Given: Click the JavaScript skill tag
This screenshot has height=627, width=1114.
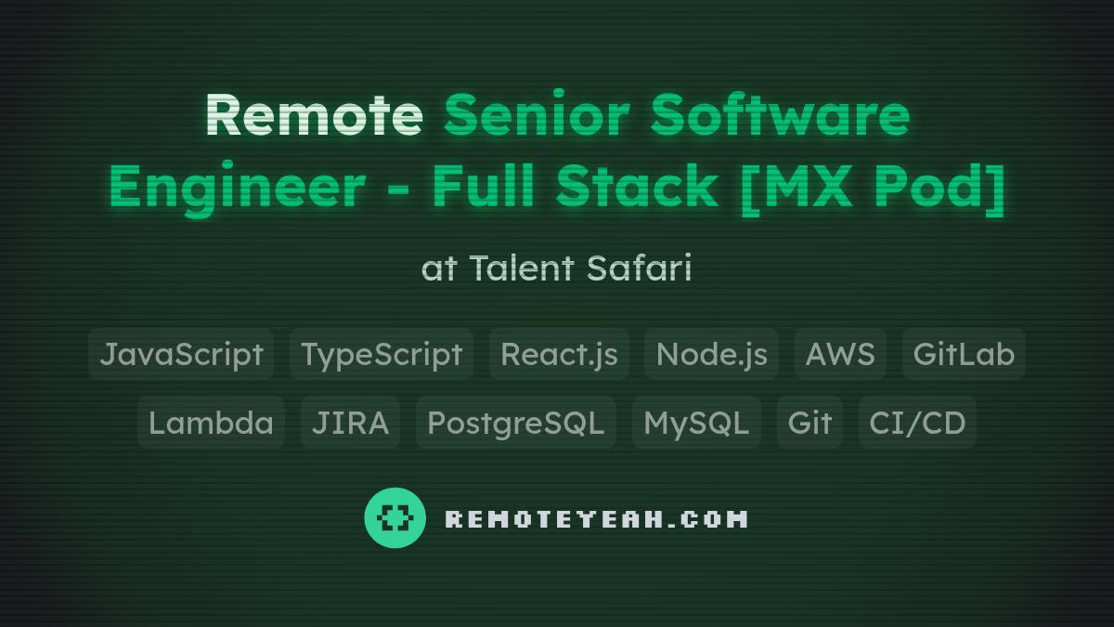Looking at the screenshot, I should pos(181,354).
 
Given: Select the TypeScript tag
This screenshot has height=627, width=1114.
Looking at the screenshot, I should pos(382,354).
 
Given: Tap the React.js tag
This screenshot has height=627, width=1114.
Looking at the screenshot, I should pos(559,354).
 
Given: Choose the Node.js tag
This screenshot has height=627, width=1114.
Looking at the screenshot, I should pos(711,354).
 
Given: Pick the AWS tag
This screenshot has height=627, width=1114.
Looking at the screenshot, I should pos(840,354).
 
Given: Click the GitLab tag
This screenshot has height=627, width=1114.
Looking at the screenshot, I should pos(964,354).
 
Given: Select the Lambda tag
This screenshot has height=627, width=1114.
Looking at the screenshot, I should pos(211,423).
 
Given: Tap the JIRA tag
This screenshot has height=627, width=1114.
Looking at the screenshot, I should pos(350,423).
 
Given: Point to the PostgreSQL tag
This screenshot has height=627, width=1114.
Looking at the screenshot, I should pos(515,423).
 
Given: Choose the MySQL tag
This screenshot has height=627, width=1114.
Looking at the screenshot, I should pos(696,423).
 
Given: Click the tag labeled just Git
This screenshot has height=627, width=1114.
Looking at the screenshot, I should pos(810,423).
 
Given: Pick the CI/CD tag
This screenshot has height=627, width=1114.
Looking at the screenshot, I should pos(917,423).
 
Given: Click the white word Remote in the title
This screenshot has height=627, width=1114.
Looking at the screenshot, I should pos(314,115).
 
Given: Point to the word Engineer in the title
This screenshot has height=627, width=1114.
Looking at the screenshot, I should pos(237,186).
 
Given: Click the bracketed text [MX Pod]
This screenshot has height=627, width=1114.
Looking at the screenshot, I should pos(873,186).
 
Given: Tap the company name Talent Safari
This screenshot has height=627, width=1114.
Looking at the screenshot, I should pos(580,268).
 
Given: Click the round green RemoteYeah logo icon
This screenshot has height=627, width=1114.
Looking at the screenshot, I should pos(395,517).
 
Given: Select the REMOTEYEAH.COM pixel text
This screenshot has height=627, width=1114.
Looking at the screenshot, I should pos(596,518).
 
